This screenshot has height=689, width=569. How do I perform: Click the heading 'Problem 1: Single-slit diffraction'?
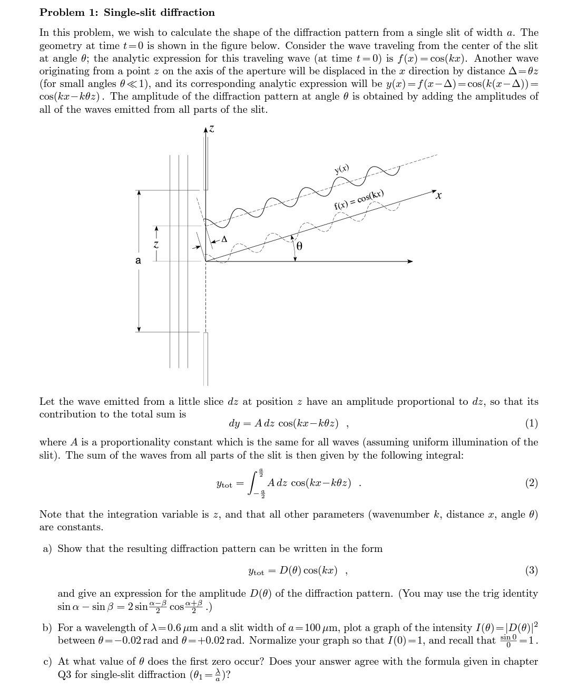point(127,12)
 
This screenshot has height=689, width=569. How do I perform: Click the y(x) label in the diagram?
point(341,169)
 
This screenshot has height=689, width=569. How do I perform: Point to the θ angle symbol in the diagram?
point(299,246)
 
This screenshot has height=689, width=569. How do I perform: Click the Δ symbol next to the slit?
point(224,239)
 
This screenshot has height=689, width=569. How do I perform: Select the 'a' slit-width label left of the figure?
point(138,260)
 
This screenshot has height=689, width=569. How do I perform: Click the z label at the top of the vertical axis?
point(211,128)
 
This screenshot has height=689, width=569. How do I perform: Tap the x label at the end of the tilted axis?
point(438,196)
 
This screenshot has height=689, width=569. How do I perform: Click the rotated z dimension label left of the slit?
point(155,244)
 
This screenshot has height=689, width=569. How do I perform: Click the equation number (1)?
point(531,423)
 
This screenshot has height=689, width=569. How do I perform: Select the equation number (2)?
point(531,483)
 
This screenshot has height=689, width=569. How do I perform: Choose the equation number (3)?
point(531,570)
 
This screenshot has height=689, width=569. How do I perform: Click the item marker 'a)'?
point(47,549)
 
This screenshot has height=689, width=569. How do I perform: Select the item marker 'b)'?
point(47,628)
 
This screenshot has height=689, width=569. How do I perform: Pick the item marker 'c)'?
point(47,662)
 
